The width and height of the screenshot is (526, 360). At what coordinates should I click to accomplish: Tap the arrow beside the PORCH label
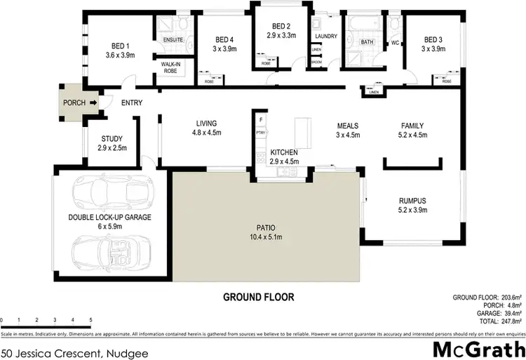(x=93, y=103)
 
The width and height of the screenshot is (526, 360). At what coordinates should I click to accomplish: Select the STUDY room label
(x=112, y=138)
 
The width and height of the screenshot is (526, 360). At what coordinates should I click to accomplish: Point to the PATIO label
(x=265, y=227)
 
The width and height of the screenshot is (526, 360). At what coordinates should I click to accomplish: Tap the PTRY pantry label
(x=260, y=132)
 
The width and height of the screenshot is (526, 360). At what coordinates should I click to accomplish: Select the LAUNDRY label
(x=327, y=36)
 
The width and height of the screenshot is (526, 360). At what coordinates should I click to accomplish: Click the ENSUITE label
(x=174, y=40)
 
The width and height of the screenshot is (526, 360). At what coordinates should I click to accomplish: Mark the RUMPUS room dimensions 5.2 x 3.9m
(x=413, y=210)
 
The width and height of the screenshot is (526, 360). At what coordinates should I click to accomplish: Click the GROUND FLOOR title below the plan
(x=259, y=297)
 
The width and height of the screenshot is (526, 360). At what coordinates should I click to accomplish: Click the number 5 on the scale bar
(x=91, y=320)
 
